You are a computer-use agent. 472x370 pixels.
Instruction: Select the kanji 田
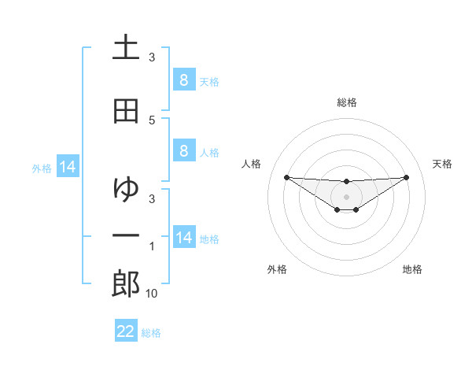[x=126, y=111]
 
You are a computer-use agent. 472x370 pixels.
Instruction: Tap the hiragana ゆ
[x=126, y=189]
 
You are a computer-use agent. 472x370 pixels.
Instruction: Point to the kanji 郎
[x=126, y=283]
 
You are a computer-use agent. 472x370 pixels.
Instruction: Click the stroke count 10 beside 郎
[x=152, y=294]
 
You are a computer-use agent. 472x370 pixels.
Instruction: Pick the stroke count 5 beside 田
[x=152, y=120]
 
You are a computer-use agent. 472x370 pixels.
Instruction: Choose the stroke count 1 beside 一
[x=152, y=247]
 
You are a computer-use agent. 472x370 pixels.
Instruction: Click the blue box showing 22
[x=126, y=331]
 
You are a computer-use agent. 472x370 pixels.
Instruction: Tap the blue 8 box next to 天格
[x=183, y=80]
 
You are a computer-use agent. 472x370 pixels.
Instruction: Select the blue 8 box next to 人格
[x=183, y=151]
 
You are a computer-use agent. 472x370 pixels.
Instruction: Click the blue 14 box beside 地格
[x=183, y=237]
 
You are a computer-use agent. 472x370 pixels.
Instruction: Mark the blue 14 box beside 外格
[x=68, y=167]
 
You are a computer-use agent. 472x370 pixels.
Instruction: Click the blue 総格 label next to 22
[x=151, y=333]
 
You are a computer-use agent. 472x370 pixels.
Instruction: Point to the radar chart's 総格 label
[x=346, y=102]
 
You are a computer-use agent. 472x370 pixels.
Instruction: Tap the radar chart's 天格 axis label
[x=442, y=164]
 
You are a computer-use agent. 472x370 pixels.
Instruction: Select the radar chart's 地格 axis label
[x=412, y=269]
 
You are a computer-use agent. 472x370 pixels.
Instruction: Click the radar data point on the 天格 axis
[x=406, y=177]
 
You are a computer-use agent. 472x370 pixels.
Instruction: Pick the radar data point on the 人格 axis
[x=286, y=177]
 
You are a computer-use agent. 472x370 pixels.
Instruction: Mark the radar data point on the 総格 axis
[x=346, y=182]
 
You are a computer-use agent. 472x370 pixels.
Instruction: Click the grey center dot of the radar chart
[x=346, y=196]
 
